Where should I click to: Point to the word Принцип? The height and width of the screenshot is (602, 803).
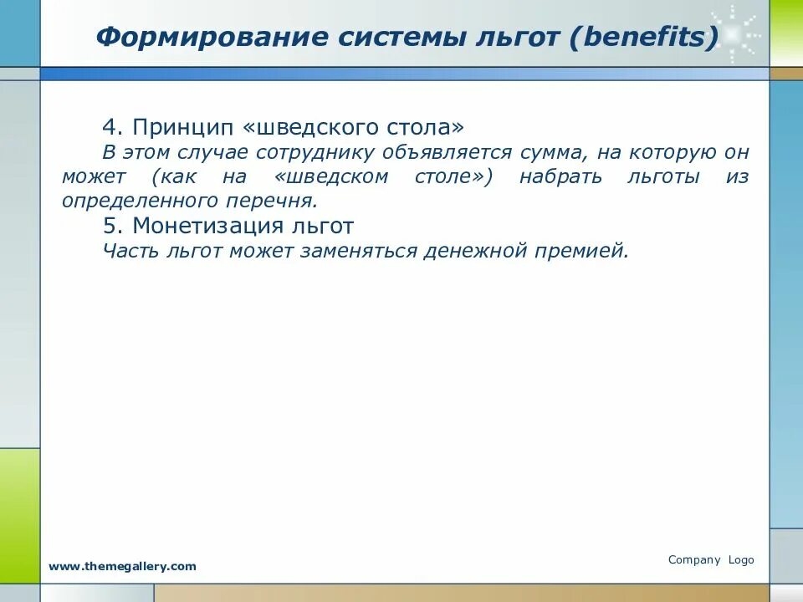coord(183,127)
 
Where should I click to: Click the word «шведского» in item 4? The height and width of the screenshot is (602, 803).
coord(310,127)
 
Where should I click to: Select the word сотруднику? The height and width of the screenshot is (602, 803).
coord(315,153)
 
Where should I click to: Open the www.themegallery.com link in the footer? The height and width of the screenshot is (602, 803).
coord(122,566)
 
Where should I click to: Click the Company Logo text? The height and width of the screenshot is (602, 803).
coord(711,560)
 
